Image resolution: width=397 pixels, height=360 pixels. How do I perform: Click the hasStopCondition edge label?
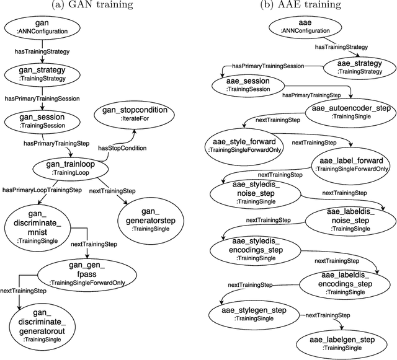[122, 148]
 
